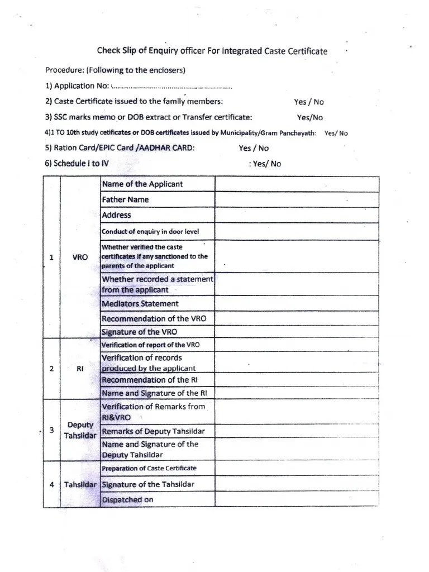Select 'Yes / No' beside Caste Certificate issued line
[308, 102]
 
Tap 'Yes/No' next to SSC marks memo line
[309, 117]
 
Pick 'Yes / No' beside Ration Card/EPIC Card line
[253, 148]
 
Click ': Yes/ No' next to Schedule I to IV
[264, 164]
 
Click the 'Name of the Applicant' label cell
[142, 184]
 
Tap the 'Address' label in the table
[117, 214]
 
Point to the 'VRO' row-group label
[80, 258]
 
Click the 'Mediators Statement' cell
[140, 304]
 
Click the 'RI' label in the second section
[80, 369]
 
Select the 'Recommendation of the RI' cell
[145, 380]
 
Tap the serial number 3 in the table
[51, 430]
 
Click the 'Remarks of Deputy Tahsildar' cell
[153, 431]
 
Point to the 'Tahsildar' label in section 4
[80, 485]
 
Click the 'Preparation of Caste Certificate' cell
[149, 468]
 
